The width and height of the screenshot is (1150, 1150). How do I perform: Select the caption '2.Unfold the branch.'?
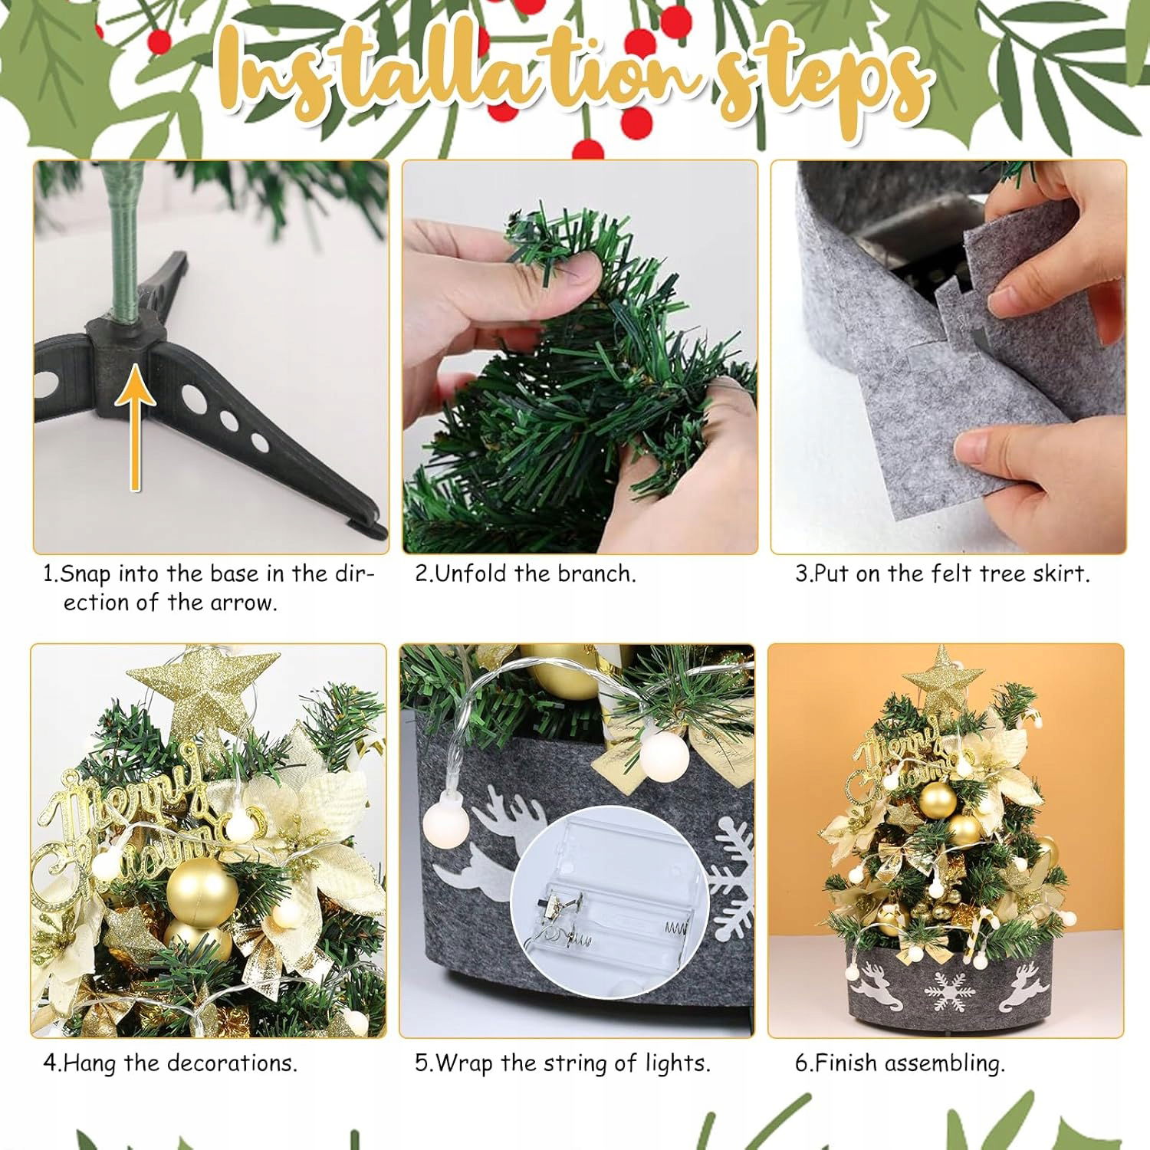pyautogui.click(x=525, y=573)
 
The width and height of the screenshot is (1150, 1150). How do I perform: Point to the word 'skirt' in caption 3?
pyautogui.click(x=1061, y=573)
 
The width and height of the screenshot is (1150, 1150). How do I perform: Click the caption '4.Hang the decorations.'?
pyautogui.click(x=169, y=1063)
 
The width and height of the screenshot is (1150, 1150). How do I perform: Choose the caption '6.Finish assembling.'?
pyautogui.click(x=899, y=1064)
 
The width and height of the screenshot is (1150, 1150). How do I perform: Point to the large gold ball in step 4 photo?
pyautogui.click(x=202, y=892)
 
